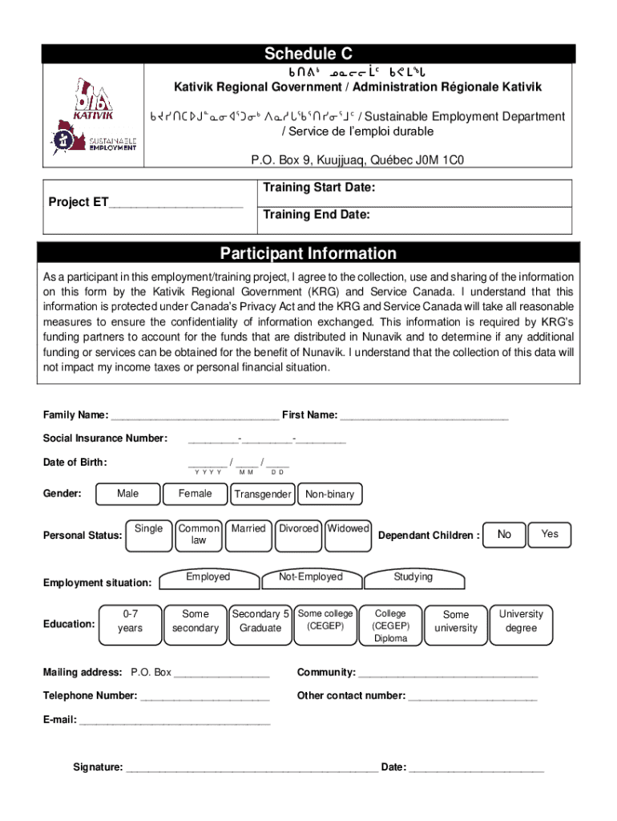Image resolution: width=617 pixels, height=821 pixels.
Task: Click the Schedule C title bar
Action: (x=308, y=54)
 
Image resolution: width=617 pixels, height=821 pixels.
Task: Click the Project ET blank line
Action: (x=175, y=204)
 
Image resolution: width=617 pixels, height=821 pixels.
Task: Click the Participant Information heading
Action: (x=308, y=253)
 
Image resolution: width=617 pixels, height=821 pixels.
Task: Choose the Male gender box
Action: (x=127, y=495)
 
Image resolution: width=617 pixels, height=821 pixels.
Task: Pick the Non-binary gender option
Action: (x=329, y=495)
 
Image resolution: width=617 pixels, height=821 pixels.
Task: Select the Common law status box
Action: (x=198, y=535)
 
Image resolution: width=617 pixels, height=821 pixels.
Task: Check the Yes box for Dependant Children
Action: (x=550, y=534)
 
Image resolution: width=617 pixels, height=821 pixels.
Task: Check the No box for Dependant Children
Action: (x=504, y=534)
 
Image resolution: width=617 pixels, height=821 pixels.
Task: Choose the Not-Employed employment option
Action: (x=310, y=578)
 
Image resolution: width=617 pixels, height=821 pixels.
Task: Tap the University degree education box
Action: (x=521, y=622)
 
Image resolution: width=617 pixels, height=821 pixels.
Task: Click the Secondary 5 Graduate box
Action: (x=260, y=622)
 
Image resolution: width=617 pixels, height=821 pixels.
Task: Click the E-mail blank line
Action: (x=175, y=721)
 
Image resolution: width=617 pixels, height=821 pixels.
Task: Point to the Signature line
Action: (x=252, y=768)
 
